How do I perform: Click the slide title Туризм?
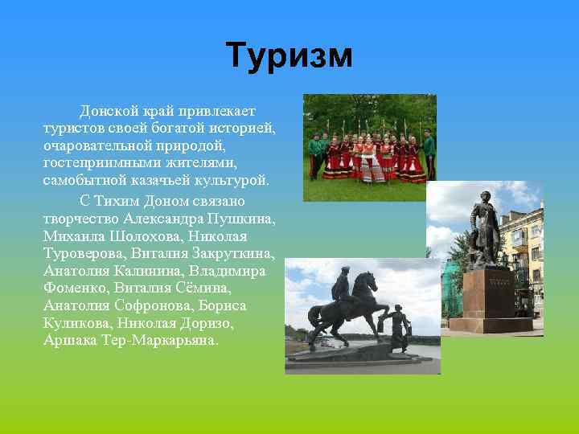click(289, 55)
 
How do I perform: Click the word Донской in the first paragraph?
click(105, 110)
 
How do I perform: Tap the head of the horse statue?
click(366, 281)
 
